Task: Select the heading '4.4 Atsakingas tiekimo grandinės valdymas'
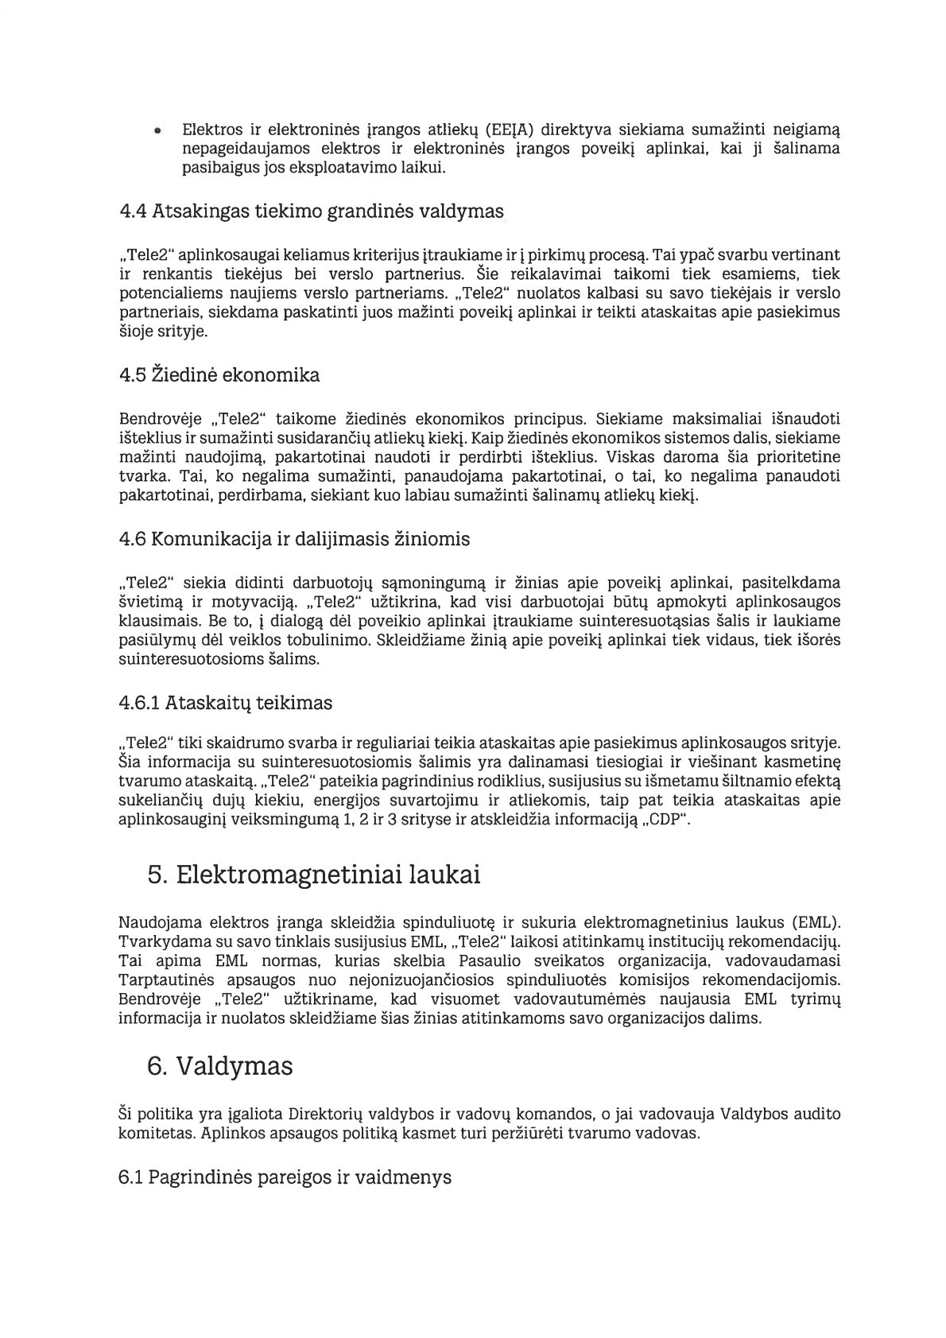click(x=311, y=212)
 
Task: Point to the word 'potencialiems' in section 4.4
click(x=164, y=293)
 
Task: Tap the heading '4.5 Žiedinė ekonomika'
click(x=219, y=375)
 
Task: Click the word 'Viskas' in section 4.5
click(x=629, y=458)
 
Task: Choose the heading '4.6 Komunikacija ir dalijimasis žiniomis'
click(x=294, y=540)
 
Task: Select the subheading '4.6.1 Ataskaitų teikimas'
click(x=225, y=704)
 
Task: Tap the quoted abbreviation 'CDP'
click(x=667, y=820)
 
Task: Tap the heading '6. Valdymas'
click(x=220, y=1067)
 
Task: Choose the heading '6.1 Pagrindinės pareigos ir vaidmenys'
click(x=285, y=1177)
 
